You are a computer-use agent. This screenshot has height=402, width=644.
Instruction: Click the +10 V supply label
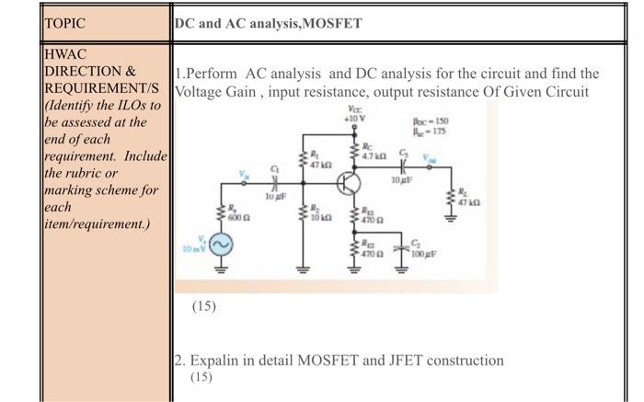tap(355, 119)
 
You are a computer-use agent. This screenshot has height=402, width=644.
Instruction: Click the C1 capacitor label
tap(275, 167)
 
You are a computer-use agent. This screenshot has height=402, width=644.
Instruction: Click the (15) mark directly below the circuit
tap(203, 305)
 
